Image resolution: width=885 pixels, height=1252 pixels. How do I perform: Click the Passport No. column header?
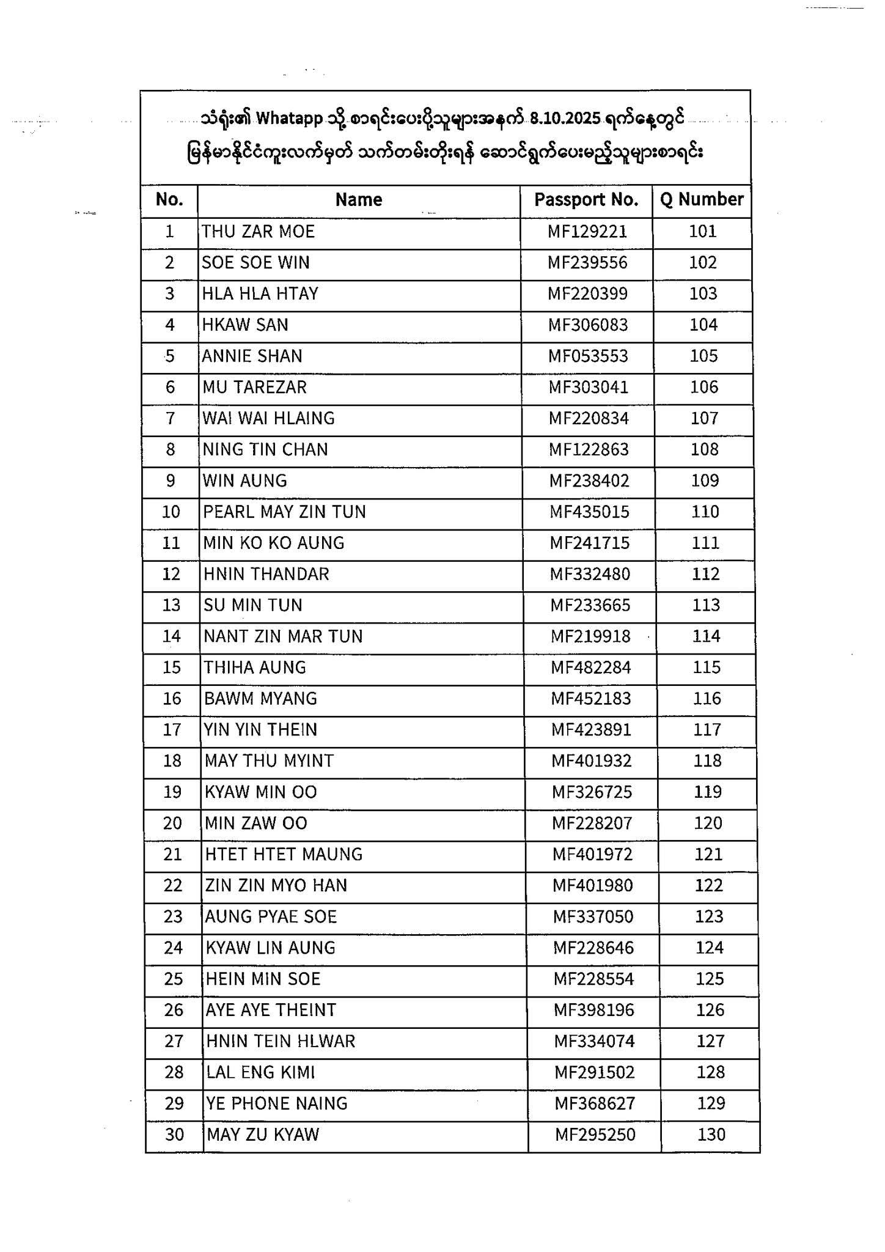(x=586, y=200)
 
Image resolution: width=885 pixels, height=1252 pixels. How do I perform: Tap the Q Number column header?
(x=702, y=199)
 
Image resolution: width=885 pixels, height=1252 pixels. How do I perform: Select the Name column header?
(x=359, y=200)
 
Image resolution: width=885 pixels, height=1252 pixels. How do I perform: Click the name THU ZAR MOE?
(x=258, y=232)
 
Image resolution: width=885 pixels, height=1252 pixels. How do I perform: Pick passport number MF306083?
(x=587, y=325)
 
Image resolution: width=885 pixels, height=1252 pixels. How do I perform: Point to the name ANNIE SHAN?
(x=252, y=356)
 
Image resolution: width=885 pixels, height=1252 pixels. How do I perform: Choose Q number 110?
(x=705, y=512)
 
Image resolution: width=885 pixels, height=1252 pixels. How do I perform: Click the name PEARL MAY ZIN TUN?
(x=284, y=512)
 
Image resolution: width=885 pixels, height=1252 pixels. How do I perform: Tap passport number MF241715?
(x=589, y=543)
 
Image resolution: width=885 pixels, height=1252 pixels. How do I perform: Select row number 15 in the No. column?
(x=172, y=668)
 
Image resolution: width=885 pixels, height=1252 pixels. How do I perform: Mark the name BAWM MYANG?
(x=260, y=699)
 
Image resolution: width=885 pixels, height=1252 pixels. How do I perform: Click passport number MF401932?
(x=592, y=761)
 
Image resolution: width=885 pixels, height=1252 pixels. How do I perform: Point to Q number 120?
(x=708, y=823)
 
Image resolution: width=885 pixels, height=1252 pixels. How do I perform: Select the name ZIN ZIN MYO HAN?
(x=276, y=886)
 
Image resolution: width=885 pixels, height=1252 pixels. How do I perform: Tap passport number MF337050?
(x=593, y=917)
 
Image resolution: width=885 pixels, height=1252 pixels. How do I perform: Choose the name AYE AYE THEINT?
(x=271, y=1011)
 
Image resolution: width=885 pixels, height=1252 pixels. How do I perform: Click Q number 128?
(x=710, y=1073)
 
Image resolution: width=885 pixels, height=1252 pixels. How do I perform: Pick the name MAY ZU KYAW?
(x=263, y=1135)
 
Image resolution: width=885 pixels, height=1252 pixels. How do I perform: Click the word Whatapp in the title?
(x=289, y=119)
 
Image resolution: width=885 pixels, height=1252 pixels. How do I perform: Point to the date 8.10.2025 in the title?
(x=565, y=119)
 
